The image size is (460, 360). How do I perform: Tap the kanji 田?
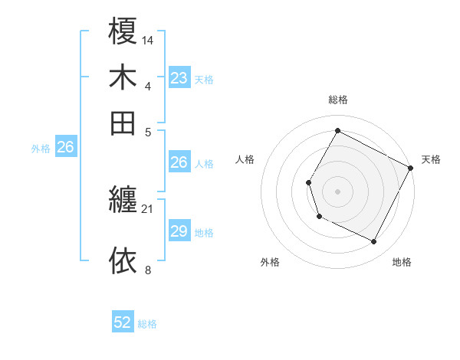123,122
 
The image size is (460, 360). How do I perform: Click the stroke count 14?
148,39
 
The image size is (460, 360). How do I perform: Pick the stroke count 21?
148,208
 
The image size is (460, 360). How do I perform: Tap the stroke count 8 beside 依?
148,269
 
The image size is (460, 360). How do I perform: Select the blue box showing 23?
179,78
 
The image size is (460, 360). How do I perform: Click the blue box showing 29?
179,231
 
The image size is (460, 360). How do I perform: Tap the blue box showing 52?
123,322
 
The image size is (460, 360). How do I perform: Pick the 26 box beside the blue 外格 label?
66,148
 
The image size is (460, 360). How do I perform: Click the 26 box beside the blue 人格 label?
179,162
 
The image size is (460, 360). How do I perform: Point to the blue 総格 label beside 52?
147,324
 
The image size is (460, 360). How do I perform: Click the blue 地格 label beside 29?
204,233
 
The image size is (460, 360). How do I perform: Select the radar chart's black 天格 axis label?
431,160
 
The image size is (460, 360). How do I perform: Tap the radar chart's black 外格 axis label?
270,263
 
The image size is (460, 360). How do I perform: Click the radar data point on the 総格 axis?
337,130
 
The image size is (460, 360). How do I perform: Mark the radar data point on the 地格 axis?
374,242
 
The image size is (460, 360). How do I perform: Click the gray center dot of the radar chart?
337,191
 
